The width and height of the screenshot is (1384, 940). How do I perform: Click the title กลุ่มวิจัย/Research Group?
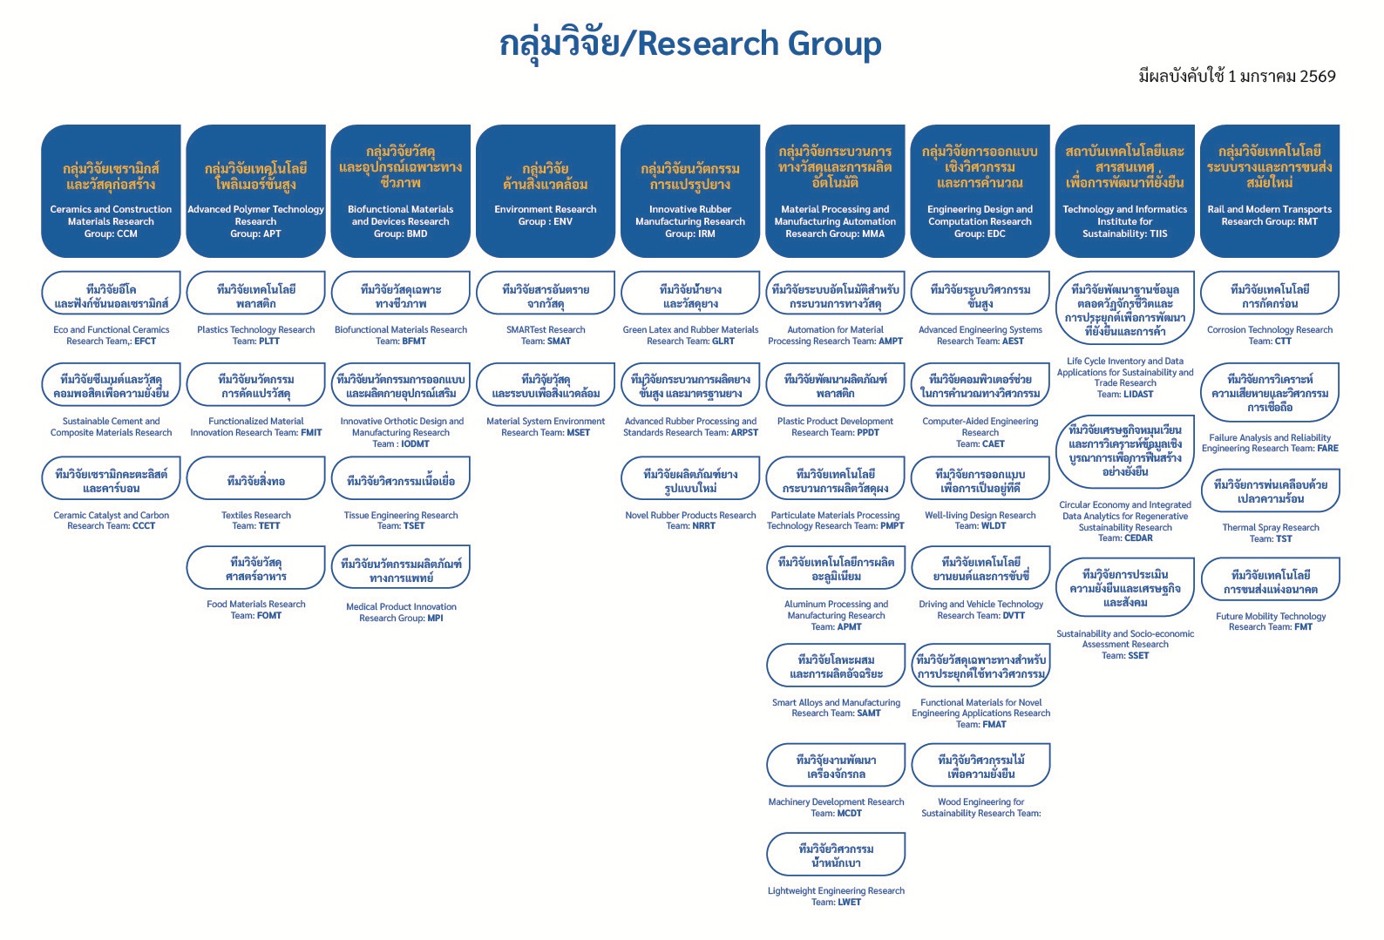coord(690,44)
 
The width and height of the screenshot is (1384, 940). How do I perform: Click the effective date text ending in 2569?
coord(1236,77)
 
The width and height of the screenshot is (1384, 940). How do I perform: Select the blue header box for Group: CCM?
coord(111,191)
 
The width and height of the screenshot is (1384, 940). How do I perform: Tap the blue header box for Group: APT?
coord(255,191)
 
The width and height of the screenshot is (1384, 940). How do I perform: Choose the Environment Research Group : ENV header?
coord(546,191)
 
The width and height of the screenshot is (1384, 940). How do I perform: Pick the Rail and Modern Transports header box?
coord(1269,191)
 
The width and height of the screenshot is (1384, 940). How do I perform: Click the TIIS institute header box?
coord(1124,191)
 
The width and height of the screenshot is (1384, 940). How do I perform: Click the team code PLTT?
coord(268,342)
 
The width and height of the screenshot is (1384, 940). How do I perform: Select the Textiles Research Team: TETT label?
coord(256,520)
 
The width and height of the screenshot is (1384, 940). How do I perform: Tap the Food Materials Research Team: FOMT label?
coord(256,610)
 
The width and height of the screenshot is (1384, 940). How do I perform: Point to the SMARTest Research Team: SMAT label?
coord(546,335)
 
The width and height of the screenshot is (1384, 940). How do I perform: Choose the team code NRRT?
coord(702,526)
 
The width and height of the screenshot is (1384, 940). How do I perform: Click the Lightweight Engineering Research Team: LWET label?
coord(836,896)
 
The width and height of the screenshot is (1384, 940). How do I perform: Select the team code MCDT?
coord(850,814)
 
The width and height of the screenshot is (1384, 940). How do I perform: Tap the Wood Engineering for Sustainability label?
coord(980,808)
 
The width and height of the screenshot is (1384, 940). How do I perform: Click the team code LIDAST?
coord(1138,395)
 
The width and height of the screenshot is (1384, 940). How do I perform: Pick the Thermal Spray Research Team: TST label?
coord(1271,533)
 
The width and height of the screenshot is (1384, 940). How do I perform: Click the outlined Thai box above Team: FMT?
coord(1270,582)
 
